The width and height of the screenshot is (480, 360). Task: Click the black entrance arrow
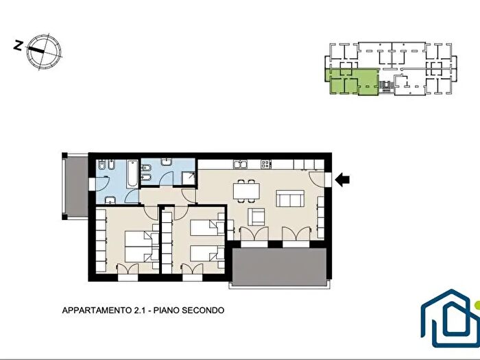tap(342, 180)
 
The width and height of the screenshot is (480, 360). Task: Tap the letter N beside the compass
tap(19, 45)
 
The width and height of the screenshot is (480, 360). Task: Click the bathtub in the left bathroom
tap(133, 173)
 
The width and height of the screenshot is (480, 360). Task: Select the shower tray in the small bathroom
tap(189, 178)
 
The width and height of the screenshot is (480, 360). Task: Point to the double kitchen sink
tap(240, 165)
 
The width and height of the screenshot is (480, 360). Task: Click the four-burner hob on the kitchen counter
tap(266, 164)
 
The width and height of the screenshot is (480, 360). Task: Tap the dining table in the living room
tap(246, 191)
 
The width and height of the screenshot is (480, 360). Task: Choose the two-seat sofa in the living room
tap(290, 198)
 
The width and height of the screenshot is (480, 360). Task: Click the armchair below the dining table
tap(256, 217)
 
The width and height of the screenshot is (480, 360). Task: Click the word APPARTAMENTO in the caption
tap(97, 310)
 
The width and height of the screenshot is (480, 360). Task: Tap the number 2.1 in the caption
tap(139, 310)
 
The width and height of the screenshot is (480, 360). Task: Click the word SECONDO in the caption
tap(203, 310)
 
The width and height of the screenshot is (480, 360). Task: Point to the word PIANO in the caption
tap(166, 310)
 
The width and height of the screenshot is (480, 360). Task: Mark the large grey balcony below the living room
tap(279, 267)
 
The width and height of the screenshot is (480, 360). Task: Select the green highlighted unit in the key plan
tap(352, 82)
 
